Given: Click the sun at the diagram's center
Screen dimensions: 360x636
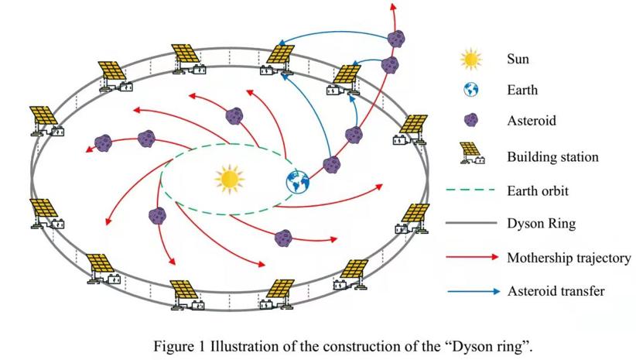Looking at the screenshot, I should (x=229, y=178).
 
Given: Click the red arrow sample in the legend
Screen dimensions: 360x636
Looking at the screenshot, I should (x=470, y=257).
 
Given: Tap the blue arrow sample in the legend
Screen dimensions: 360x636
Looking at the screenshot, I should (x=470, y=291).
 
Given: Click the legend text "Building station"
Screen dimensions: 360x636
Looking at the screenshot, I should (x=552, y=157).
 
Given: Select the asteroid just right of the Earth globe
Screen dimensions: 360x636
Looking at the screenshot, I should (x=333, y=164).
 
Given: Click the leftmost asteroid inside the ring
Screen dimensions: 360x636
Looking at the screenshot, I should (x=103, y=143).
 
